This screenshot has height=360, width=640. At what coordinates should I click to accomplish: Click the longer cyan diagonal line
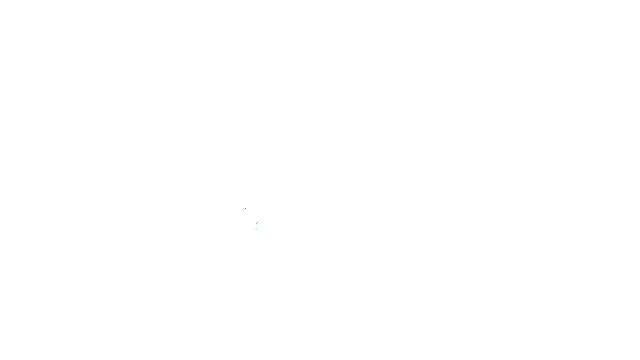point(258,228)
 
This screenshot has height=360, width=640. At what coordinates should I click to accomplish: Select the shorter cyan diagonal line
point(257,223)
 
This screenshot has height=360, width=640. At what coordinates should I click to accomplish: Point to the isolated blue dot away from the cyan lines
point(245,208)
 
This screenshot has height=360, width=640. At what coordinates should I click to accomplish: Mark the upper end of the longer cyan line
point(259,227)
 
